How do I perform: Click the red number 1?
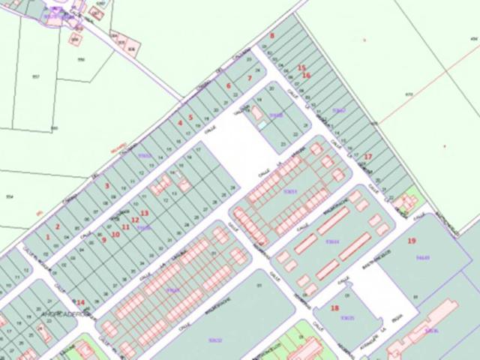click(x=48, y=237)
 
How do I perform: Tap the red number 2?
click(x=57, y=226)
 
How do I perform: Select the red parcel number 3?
click(x=107, y=186)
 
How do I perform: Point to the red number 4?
click(x=180, y=122)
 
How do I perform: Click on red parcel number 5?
click(x=190, y=117)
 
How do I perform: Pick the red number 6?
click(x=228, y=85)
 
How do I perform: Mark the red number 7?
click(x=249, y=77)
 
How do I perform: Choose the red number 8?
click(x=272, y=35)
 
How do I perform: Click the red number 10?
click(x=115, y=234)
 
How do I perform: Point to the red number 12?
click(x=135, y=220)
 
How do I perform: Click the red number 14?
click(x=81, y=303)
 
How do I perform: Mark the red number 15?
click(x=301, y=68)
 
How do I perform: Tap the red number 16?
click(x=306, y=75)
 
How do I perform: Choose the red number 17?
click(x=367, y=156)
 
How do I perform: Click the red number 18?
click(x=334, y=307)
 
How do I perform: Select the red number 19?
click(x=412, y=241)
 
